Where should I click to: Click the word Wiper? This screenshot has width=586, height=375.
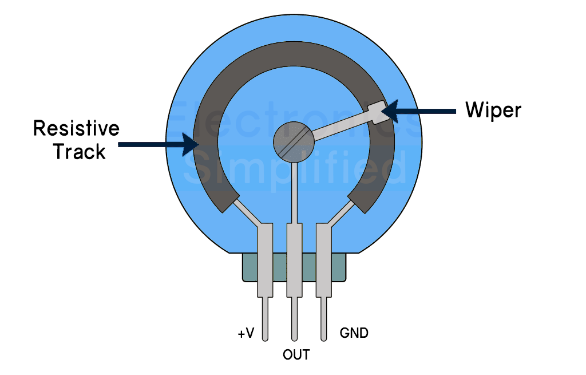coord(493,110)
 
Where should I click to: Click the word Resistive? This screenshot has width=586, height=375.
coord(76,128)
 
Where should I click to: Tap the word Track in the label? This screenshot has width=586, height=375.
coord(79,152)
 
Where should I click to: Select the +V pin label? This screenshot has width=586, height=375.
coord(246,333)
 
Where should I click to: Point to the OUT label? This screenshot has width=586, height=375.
coord(296,354)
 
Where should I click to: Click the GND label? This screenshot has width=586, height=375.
coord(354,333)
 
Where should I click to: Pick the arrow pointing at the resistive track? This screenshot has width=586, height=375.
coord(159,144)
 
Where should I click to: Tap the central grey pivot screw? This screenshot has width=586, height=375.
coord(294,142)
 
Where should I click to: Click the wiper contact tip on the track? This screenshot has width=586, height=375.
coord(378,112)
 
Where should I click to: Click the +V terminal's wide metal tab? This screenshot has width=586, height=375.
coord(265,260)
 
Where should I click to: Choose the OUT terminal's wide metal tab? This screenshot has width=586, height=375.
coord(294,260)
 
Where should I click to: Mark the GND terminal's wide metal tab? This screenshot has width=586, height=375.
coord(324,260)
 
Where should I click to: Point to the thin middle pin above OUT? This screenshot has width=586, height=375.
coord(294,319)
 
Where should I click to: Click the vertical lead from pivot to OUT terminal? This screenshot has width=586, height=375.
coord(294,192)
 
